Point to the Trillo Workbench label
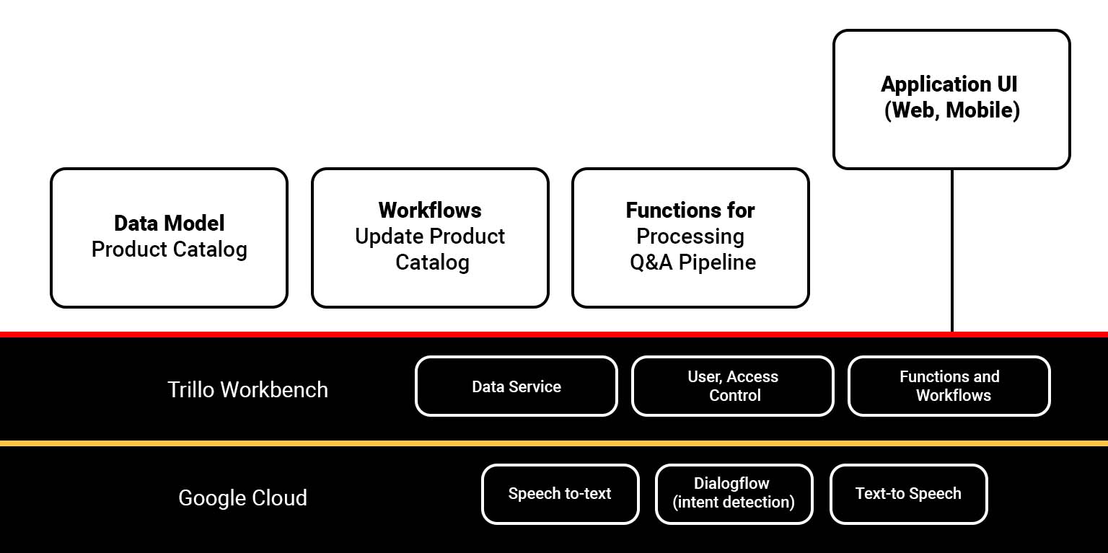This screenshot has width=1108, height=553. (x=247, y=390)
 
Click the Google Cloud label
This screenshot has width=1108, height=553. (x=242, y=498)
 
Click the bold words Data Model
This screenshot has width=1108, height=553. (x=170, y=224)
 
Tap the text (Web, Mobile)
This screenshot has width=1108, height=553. (x=951, y=110)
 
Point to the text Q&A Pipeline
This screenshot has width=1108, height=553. (x=692, y=262)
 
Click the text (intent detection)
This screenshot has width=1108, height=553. (x=734, y=502)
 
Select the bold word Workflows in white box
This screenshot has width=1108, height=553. (x=430, y=211)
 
